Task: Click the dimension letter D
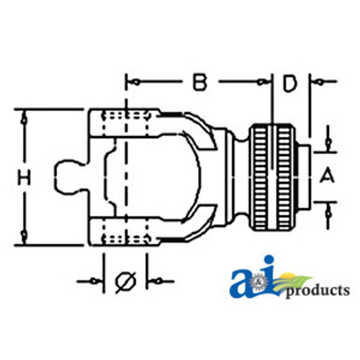coord(289,84)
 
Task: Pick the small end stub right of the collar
coord(306,174)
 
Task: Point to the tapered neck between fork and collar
coord(234,174)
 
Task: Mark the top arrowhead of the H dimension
coord(24,115)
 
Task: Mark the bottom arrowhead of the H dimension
coord(24,237)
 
